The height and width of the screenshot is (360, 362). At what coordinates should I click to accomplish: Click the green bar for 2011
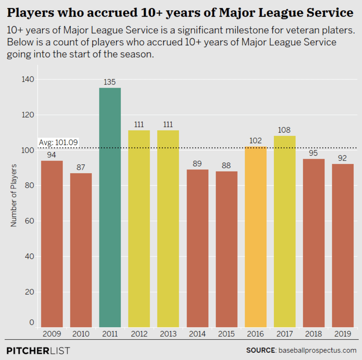coord(110,207)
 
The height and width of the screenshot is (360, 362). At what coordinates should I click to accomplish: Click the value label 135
coord(110,82)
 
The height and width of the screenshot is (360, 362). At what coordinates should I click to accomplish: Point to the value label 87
coord(81,167)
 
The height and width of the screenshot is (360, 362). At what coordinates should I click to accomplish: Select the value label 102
coord(256,141)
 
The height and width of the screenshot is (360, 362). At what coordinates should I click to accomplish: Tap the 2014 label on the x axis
coord(197,334)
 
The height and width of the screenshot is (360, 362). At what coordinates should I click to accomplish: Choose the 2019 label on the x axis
coord(343,334)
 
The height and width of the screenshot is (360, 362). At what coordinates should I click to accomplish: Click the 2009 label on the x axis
coord(52,334)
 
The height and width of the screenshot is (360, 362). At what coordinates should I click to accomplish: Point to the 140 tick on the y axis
coord(28,79)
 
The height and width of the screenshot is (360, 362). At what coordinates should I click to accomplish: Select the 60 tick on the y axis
coord(30,221)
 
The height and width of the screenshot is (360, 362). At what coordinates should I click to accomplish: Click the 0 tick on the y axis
coord(32,322)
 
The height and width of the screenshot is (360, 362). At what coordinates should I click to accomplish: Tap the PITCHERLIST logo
coord(38,350)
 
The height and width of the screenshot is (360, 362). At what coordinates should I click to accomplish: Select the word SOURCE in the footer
coord(260,350)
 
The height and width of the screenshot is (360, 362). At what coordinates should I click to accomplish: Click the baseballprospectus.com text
coord(317,350)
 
